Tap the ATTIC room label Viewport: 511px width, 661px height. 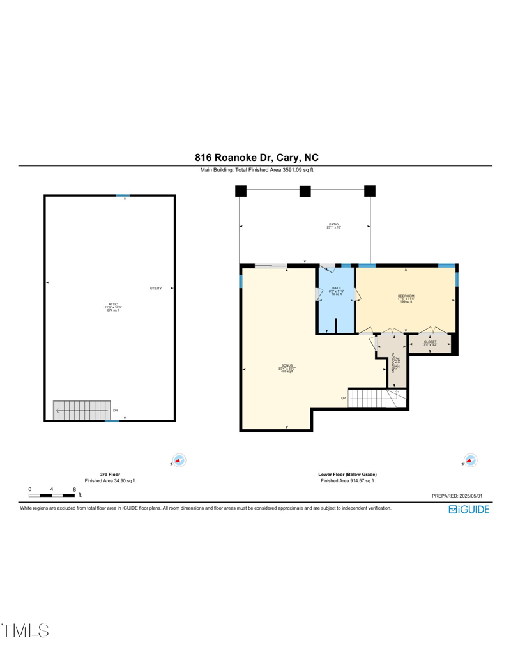(x=112, y=304)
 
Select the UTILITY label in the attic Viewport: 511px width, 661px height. (x=156, y=289)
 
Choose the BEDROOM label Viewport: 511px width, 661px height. (x=406, y=296)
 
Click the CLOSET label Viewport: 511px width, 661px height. (x=430, y=342)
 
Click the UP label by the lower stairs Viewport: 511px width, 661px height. (x=343, y=399)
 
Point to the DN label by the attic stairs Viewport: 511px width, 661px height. (x=115, y=410)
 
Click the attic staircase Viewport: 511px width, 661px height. (x=80, y=410)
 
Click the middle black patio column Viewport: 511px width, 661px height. (x=305, y=190)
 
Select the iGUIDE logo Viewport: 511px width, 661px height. (x=469, y=510)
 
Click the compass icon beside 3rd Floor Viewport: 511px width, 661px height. (x=179, y=460)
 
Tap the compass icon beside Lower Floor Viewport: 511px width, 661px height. (x=471, y=460)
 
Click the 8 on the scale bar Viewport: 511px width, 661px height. (x=75, y=489)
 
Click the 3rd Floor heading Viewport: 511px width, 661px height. (x=110, y=475)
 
